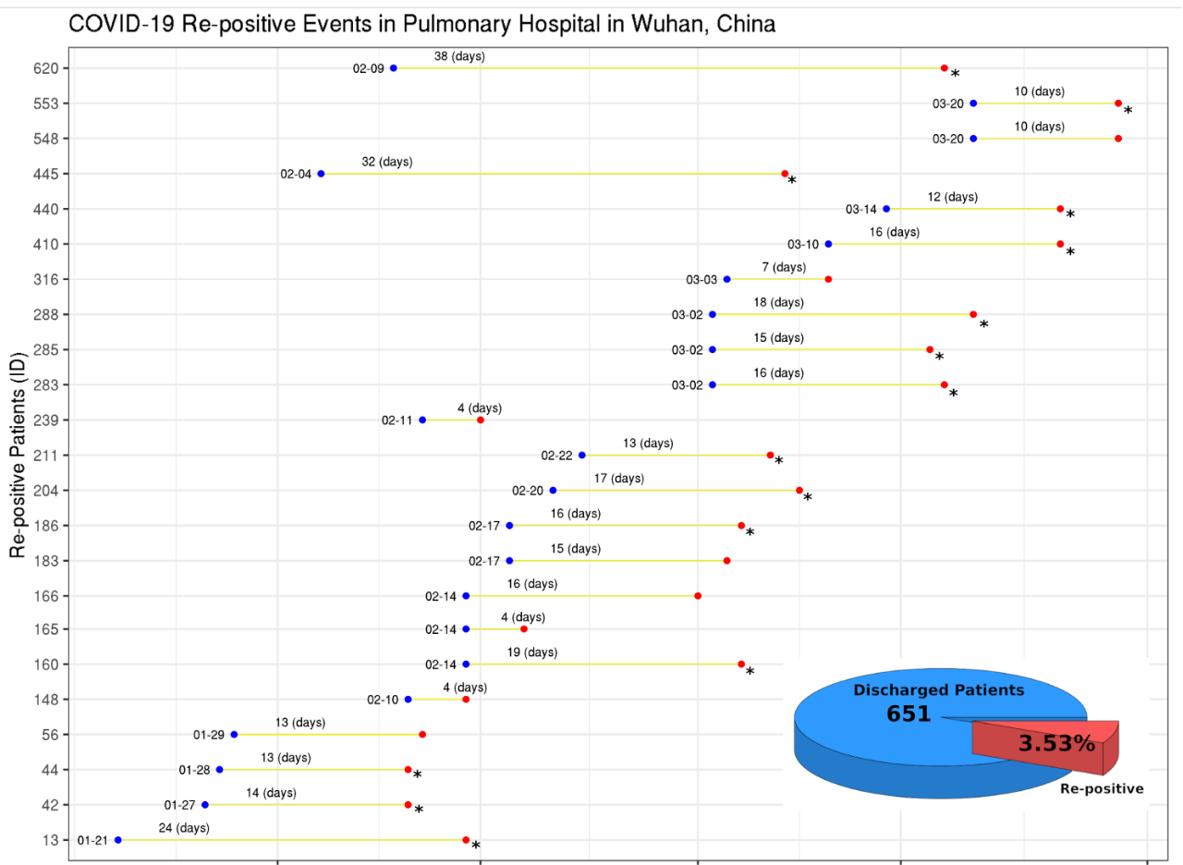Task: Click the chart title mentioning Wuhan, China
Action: (421, 25)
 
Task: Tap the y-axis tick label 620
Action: (47, 68)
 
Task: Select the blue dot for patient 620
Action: (394, 68)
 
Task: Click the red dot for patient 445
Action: (785, 174)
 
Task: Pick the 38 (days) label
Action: (459, 56)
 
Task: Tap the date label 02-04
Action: (296, 174)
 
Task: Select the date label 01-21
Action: (92, 840)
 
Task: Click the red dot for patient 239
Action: (481, 420)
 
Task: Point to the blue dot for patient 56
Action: (234, 735)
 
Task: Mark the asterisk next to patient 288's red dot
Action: (984, 324)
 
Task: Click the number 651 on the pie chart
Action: (909, 713)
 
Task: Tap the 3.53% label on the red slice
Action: (1056, 743)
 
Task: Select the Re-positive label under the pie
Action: (1101, 788)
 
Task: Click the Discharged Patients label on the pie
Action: (938, 690)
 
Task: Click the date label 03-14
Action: (860, 209)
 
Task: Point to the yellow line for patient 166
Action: (582, 596)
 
